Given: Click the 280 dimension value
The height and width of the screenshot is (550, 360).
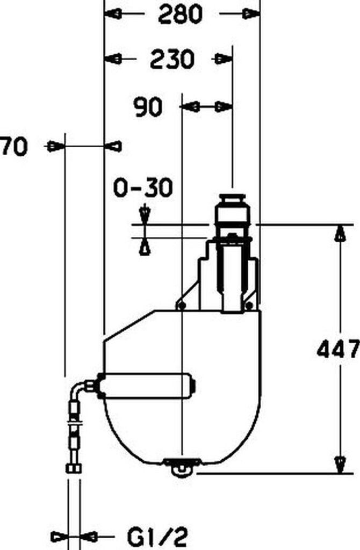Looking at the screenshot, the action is (180, 15).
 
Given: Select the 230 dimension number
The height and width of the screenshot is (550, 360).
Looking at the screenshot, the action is (172, 59).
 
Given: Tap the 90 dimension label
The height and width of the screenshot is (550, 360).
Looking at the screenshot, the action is (148, 107).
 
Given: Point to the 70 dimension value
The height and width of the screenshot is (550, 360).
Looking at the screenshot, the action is (13, 146).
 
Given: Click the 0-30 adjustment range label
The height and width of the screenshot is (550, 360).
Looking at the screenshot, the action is (143, 187).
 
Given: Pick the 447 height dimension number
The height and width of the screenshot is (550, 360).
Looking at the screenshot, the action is (338, 349).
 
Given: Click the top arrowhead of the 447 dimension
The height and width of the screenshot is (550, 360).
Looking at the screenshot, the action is (339, 233).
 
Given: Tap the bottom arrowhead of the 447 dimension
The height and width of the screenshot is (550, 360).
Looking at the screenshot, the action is (340, 465).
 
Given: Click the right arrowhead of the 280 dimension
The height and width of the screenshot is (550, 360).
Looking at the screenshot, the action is (251, 14).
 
